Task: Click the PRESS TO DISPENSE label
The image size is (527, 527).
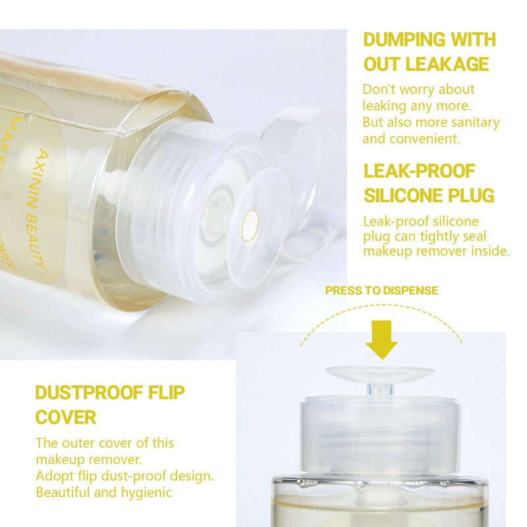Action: click(381, 291)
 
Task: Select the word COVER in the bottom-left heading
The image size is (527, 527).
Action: click(65, 418)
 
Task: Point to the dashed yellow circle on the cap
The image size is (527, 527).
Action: click(251, 223)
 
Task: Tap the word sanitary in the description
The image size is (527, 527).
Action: click(476, 123)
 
